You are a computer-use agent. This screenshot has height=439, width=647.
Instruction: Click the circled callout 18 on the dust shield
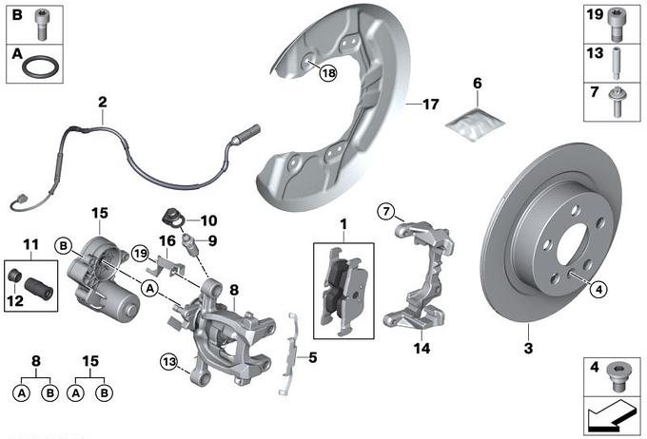328,73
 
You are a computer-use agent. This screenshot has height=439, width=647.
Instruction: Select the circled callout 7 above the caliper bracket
387,211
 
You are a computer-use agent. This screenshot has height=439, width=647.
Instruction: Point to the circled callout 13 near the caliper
168,360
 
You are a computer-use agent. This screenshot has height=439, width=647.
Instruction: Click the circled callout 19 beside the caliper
141,253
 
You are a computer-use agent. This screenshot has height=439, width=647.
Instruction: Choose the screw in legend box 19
617,21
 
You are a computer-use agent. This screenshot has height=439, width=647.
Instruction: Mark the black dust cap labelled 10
174,213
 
